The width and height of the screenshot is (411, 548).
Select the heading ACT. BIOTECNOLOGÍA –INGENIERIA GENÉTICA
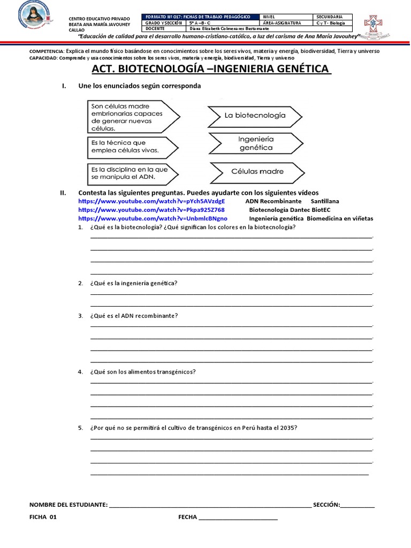[x=211, y=70]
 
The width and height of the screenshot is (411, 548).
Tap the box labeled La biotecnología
[x=255, y=115]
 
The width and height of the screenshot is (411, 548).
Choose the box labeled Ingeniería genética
[x=255, y=143]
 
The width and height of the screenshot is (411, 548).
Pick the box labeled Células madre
[x=257, y=172]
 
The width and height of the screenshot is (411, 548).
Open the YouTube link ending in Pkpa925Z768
[x=151, y=210]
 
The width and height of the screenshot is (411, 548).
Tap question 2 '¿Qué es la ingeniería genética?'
[x=134, y=283]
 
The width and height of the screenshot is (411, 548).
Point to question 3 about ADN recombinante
[x=134, y=316]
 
